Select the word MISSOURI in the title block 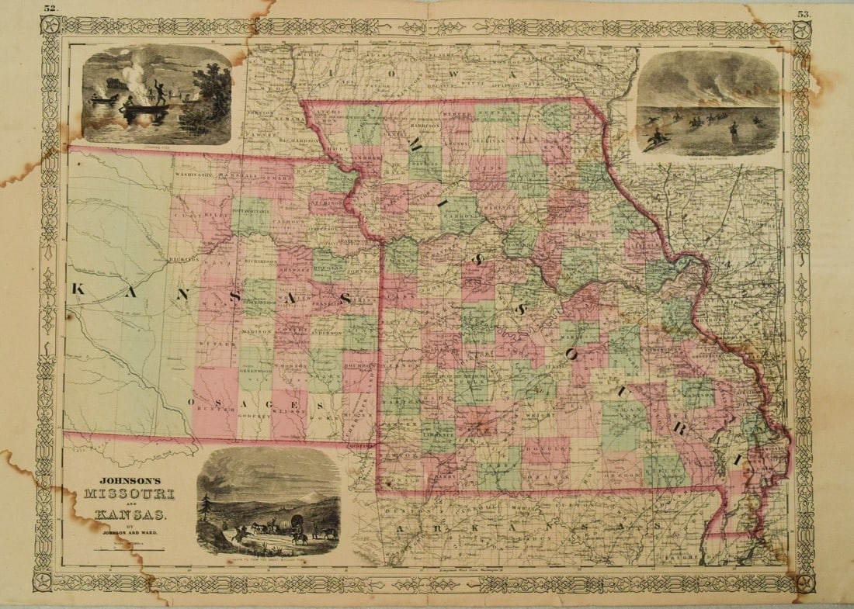130,494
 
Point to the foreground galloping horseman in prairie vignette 656,140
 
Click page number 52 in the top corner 50,9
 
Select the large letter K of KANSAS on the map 78,289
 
